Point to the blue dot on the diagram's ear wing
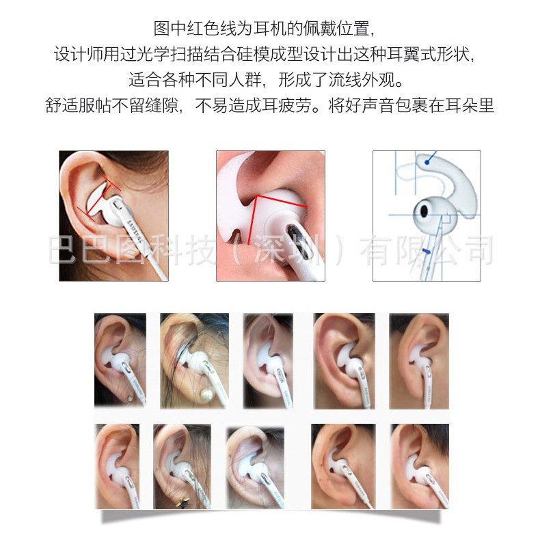click(426, 163)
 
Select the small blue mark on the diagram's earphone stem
click(427, 252)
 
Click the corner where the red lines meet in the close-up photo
click(256, 196)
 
